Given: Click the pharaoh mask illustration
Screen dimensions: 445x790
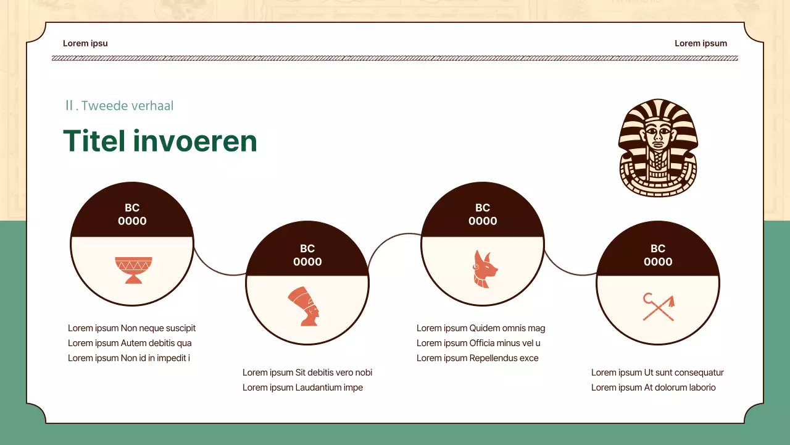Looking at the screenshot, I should (x=657, y=148).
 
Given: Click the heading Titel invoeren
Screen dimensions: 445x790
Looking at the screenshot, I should (x=160, y=141).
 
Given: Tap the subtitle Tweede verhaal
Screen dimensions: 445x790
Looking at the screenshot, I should (x=120, y=106).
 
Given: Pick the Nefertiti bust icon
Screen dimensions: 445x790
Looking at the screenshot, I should (x=305, y=307).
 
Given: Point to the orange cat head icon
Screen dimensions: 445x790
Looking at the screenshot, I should (x=483, y=269).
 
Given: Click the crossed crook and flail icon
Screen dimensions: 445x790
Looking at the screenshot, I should (x=659, y=307).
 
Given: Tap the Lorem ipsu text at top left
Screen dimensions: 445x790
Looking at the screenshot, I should (x=85, y=43).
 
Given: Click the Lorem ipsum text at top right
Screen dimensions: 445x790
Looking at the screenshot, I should (x=701, y=43).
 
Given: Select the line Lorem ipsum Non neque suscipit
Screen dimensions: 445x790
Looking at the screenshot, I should (x=131, y=328).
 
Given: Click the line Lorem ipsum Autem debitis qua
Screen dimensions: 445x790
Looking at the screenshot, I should (x=130, y=343).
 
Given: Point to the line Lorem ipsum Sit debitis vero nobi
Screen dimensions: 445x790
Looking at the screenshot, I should (x=307, y=373).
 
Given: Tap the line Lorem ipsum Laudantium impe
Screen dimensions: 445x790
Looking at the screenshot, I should (x=302, y=388).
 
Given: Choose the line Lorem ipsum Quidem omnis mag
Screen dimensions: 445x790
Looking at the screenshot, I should (x=481, y=328).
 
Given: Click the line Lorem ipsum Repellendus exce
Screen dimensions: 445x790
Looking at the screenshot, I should (x=477, y=358).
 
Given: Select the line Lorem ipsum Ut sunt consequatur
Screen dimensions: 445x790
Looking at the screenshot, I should (x=657, y=373).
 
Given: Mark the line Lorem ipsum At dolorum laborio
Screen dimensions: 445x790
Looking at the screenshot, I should (x=653, y=388).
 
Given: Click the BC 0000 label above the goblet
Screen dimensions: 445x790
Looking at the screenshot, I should (x=132, y=214).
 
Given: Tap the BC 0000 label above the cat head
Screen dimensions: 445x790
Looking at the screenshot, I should (x=483, y=214).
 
